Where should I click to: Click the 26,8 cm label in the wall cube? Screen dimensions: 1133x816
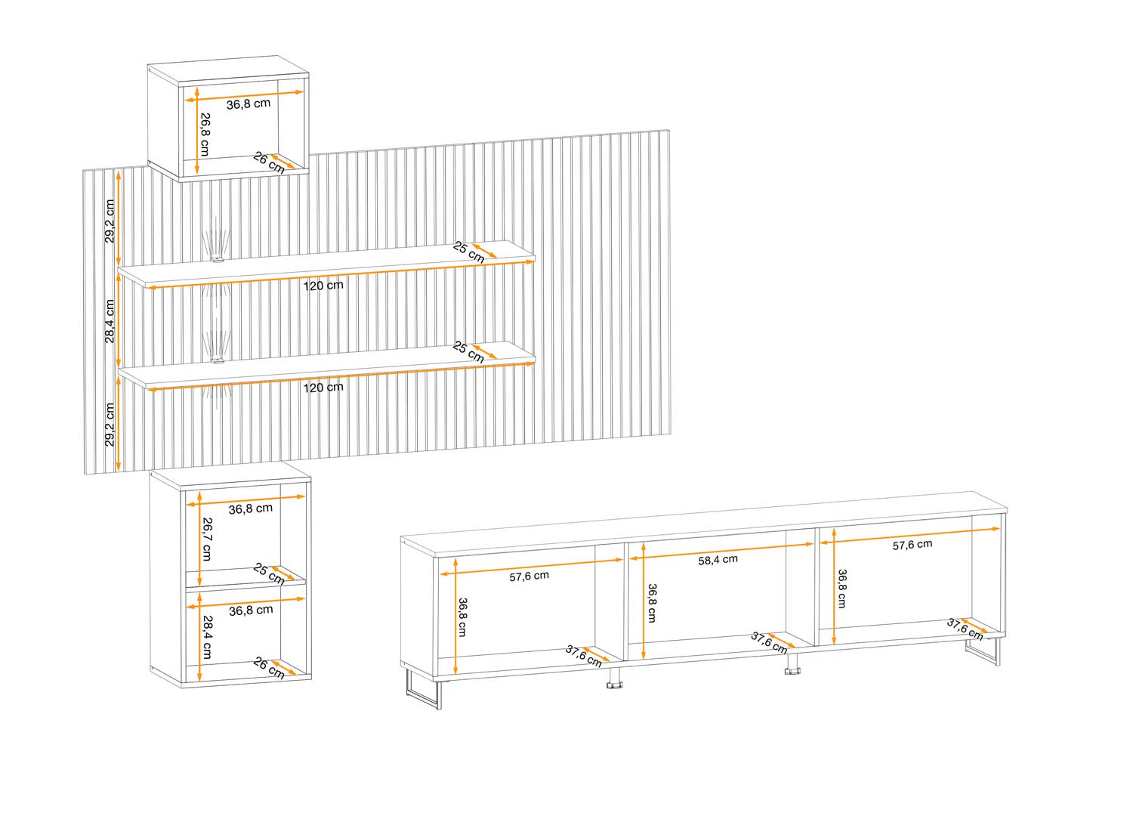(205, 134)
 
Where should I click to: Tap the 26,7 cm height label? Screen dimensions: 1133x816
(207, 539)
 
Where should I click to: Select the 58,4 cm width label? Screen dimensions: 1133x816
(718, 560)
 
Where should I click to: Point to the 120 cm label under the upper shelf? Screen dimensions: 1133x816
(323, 286)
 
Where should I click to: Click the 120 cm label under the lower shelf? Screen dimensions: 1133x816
(323, 388)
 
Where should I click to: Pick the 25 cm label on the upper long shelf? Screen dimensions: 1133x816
(468, 252)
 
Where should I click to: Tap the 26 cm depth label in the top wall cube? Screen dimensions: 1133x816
(269, 162)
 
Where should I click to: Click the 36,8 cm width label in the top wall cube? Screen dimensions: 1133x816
(249, 104)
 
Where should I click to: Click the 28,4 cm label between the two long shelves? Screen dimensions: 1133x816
(110, 321)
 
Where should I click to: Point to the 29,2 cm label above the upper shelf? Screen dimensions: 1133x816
(110, 221)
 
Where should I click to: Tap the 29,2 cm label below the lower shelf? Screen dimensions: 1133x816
(110, 425)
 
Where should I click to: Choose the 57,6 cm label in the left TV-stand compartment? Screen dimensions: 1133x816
(529, 576)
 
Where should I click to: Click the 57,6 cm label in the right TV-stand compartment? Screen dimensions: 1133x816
(912, 545)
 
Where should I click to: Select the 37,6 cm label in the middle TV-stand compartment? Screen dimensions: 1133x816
(769, 642)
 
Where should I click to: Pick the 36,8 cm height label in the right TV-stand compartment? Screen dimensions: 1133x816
(842, 589)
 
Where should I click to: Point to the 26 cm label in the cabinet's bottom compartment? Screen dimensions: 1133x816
(269, 668)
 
